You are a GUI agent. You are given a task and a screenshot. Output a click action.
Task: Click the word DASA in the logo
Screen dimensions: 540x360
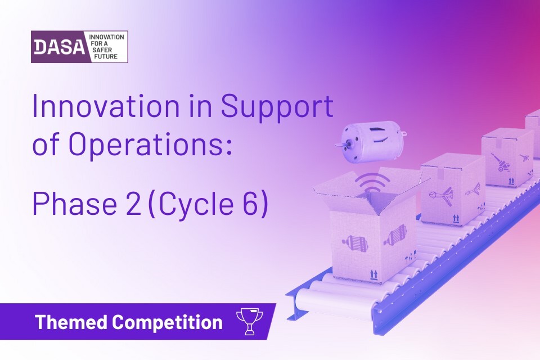(59, 47)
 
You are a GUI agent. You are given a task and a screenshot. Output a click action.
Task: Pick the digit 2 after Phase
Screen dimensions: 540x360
(133, 204)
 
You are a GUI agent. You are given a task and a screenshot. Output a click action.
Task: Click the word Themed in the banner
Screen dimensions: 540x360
(71, 322)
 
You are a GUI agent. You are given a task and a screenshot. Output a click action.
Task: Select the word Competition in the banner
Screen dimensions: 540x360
(168, 322)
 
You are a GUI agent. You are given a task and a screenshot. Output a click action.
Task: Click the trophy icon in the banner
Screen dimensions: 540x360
(249, 321)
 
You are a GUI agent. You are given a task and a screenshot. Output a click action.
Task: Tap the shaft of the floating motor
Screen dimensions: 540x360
(340, 145)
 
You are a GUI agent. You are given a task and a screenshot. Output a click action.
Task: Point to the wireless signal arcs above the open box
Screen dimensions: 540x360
(372, 182)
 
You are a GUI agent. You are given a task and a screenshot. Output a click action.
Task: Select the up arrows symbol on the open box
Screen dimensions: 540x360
(373, 274)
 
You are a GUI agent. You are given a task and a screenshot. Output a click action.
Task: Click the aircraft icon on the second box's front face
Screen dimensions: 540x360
(441, 195)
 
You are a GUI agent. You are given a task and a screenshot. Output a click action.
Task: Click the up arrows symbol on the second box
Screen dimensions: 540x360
(456, 218)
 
